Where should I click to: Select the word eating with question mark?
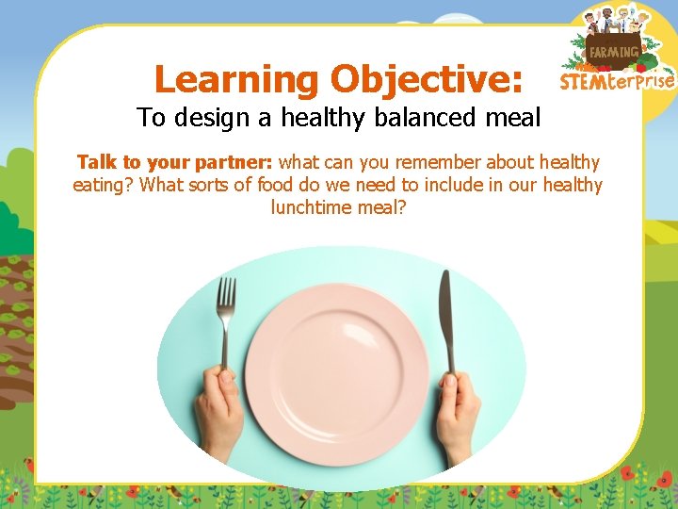coord(104,185)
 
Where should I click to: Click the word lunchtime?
coord(313,206)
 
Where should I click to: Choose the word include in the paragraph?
coord(450,185)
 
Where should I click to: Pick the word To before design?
coord(150,118)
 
